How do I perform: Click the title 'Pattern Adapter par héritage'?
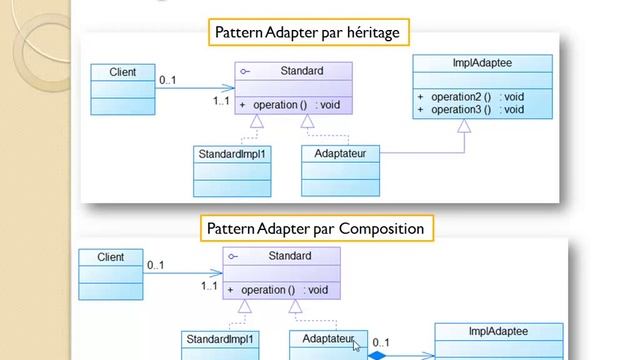(x=307, y=33)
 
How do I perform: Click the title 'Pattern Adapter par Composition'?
(x=315, y=229)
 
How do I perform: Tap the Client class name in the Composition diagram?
(x=111, y=257)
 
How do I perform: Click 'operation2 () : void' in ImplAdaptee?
(x=470, y=97)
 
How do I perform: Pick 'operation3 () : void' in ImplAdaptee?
(x=470, y=109)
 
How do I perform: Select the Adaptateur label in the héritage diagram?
(x=340, y=155)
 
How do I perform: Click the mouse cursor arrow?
(x=356, y=346)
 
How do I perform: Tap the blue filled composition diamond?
(x=378, y=354)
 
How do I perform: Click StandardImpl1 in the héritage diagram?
(x=232, y=155)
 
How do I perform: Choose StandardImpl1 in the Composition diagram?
(x=219, y=340)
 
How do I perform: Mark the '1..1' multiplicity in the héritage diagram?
(x=222, y=101)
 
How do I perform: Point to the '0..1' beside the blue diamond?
(x=381, y=341)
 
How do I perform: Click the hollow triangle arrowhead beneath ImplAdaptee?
(x=464, y=126)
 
